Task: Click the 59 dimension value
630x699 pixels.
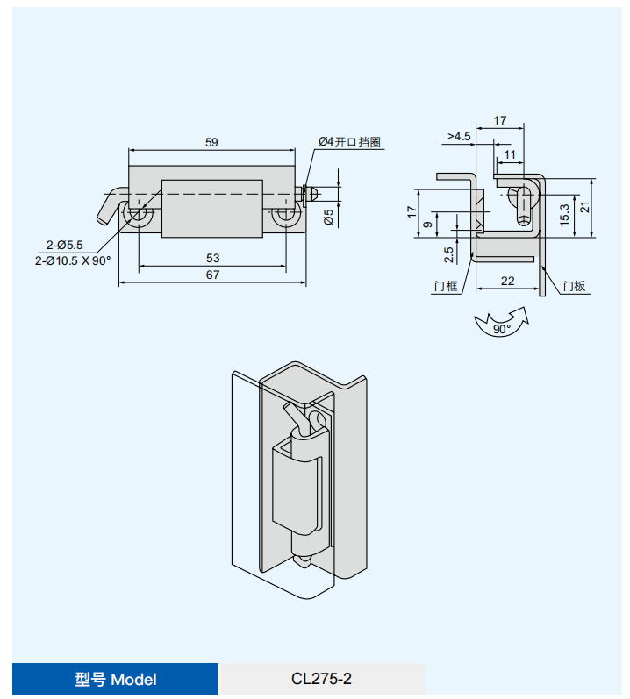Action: [x=211, y=142]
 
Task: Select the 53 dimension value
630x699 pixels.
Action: [x=212, y=258]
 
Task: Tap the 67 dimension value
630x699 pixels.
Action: [x=212, y=275]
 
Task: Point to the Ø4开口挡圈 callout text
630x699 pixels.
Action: [x=349, y=142]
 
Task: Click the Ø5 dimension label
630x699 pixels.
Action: [x=329, y=216]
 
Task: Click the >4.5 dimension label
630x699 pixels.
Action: [x=459, y=136]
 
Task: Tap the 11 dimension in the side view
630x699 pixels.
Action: [x=510, y=154]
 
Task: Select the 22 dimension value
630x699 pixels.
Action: [x=507, y=281]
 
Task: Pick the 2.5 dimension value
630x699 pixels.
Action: [x=448, y=254]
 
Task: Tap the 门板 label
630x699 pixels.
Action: [x=575, y=286]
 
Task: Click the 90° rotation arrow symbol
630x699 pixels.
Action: [x=501, y=325]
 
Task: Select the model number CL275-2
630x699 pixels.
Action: [x=321, y=679]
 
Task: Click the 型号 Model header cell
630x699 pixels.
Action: [x=115, y=679]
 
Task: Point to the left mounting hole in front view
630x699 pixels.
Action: [x=139, y=215]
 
